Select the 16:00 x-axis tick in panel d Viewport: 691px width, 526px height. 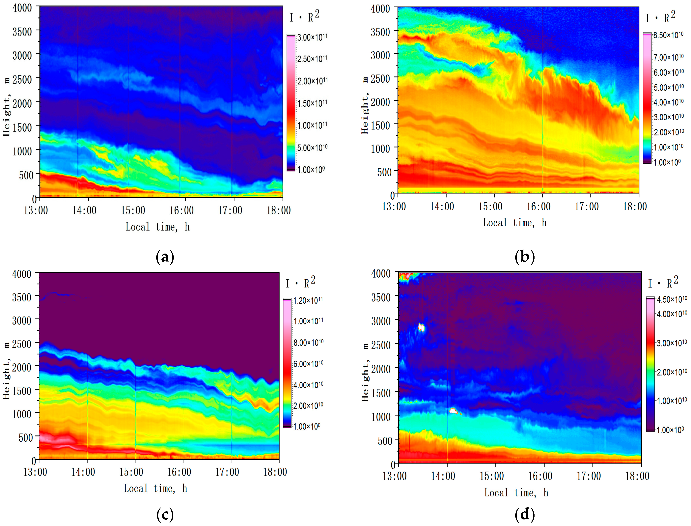coord(540,476)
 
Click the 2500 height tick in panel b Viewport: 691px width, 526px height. coord(380,78)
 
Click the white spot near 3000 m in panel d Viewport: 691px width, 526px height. coord(421,327)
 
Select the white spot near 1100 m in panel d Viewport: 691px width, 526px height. coord(454,411)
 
